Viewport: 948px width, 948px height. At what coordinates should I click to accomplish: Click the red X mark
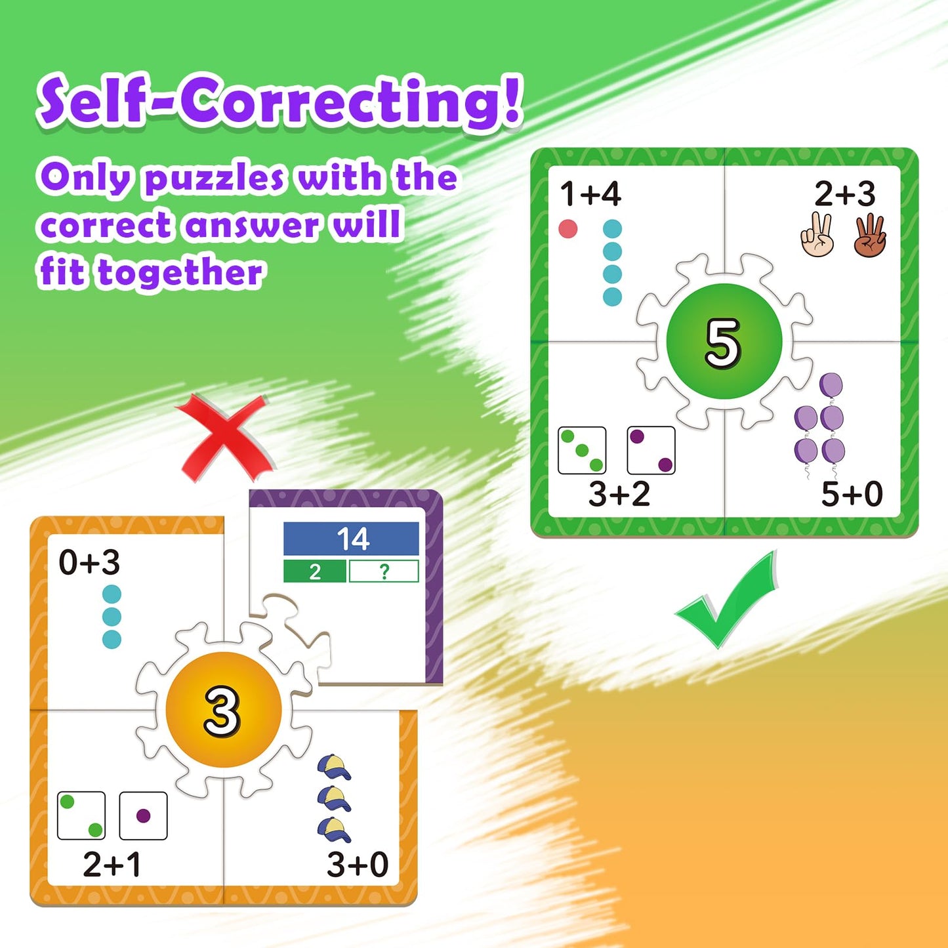point(224,438)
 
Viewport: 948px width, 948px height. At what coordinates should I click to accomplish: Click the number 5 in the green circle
point(723,343)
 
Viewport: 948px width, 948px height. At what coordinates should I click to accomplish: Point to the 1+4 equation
point(590,194)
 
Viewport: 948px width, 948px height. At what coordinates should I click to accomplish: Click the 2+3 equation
point(845,194)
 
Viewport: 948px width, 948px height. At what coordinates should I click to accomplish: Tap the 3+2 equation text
point(619,493)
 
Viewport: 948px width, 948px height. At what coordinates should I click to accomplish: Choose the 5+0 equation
point(852,493)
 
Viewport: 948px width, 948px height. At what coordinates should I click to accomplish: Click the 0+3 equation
point(89,562)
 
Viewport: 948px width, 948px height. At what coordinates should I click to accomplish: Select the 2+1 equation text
point(112,864)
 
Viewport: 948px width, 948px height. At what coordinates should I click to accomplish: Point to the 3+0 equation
point(358,865)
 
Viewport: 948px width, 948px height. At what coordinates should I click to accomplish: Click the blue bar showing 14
point(351,538)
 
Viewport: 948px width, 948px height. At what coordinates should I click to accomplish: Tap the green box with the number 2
point(315,571)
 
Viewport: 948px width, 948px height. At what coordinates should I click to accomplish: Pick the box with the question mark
point(384,571)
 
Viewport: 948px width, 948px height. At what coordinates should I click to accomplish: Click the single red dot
point(568,229)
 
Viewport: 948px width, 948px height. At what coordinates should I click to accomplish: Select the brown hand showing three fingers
point(871,235)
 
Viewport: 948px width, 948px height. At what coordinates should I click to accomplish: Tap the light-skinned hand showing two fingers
point(817,235)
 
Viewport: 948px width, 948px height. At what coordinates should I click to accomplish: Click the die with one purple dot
point(143,815)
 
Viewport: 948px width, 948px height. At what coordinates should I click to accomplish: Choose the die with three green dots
point(582,450)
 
